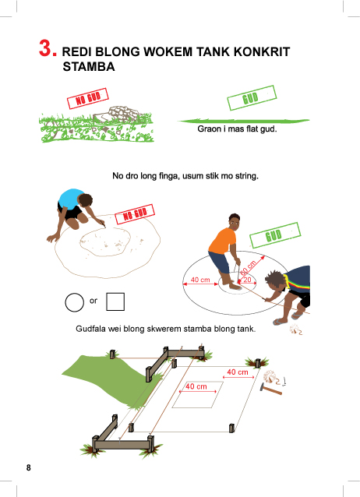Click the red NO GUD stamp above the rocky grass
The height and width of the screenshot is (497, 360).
[88, 98]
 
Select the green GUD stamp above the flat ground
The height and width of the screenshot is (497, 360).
[252, 97]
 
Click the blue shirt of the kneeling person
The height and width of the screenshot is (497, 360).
[70, 199]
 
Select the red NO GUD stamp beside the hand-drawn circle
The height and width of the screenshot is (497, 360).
[135, 214]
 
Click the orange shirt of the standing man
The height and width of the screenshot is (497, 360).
[223, 240]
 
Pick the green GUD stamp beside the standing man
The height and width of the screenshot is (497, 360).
[275, 235]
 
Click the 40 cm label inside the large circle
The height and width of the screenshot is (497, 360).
[200, 280]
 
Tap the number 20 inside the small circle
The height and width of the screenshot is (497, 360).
[247, 280]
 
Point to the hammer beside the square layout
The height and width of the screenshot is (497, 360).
[270, 389]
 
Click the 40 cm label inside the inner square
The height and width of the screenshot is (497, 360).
[196, 386]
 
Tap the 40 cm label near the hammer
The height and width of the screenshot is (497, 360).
[238, 372]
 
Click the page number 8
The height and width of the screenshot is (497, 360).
[29, 468]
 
